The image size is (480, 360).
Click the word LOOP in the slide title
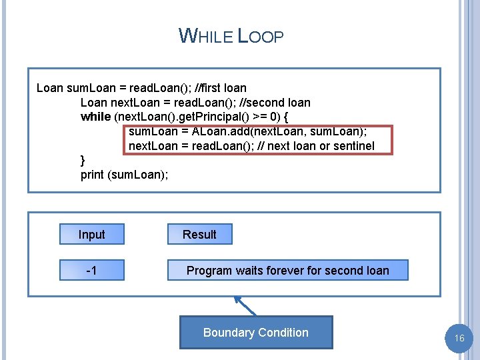261,37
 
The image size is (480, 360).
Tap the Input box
91,235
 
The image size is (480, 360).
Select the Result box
199,235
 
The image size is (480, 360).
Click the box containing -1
91,271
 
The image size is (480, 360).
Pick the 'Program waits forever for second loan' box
287,271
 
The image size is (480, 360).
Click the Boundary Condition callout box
256,333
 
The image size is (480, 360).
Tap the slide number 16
459,339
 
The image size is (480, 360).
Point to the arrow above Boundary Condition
245,306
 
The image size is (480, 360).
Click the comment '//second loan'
276,103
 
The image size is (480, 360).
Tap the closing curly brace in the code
83,160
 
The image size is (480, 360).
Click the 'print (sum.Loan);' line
124,175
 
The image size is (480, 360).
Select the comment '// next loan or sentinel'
321,146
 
